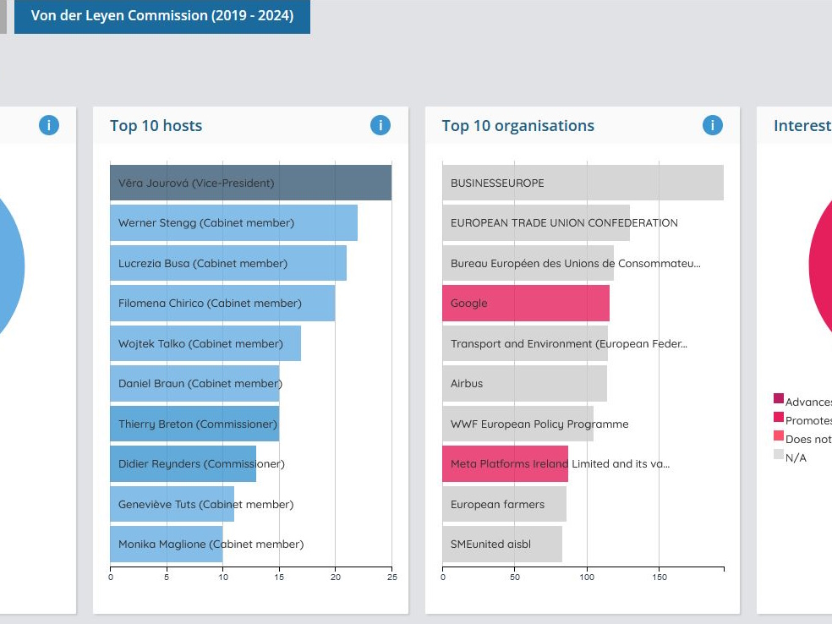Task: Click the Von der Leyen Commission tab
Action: (161, 16)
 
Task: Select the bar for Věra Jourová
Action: (250, 183)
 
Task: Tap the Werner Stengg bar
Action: (233, 223)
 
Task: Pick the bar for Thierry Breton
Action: (194, 424)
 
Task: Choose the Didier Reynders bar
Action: (183, 463)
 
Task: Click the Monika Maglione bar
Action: (166, 545)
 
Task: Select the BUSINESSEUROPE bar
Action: (583, 183)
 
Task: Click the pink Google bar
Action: (525, 304)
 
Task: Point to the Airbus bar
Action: (524, 384)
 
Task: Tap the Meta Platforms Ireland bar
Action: (505, 464)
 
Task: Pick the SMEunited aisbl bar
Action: (501, 545)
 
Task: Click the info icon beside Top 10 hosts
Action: (380, 126)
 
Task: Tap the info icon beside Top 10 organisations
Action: (713, 126)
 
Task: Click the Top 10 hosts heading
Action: (156, 126)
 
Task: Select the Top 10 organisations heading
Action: (517, 126)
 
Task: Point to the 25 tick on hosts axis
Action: (391, 577)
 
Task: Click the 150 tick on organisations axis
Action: (660, 577)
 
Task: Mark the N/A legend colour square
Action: (779, 455)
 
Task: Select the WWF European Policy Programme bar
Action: (517, 424)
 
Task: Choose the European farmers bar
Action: (504, 504)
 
